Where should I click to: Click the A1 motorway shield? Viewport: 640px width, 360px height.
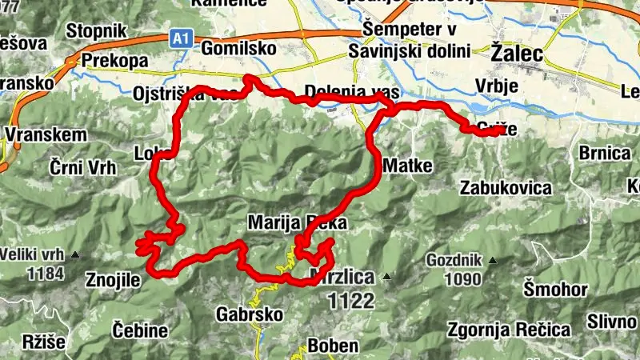[x=181, y=37]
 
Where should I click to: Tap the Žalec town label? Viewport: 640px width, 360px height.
[x=516, y=54]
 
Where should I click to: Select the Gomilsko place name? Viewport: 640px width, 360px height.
[x=239, y=49]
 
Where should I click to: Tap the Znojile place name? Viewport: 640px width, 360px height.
[x=112, y=280]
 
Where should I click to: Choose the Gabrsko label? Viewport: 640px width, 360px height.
[x=250, y=314]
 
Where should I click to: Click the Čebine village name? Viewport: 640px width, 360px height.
[x=140, y=330]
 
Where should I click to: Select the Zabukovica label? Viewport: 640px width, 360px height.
[x=506, y=188]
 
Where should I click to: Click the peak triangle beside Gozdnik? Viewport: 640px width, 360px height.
[x=493, y=260]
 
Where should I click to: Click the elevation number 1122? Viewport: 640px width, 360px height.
[x=350, y=301]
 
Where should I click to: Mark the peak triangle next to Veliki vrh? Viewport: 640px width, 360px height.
[x=76, y=256]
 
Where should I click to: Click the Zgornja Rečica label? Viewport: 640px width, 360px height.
[x=509, y=330]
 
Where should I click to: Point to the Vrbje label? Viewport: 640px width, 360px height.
[x=497, y=86]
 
